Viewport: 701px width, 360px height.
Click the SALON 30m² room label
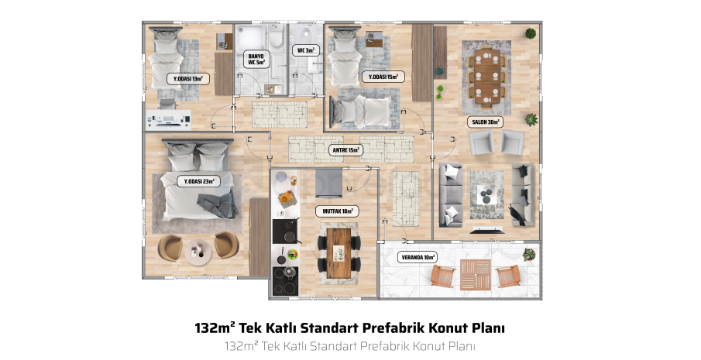point(486,122)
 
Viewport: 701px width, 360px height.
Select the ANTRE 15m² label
point(346,150)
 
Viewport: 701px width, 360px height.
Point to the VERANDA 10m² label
point(417,257)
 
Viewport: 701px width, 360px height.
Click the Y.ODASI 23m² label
point(199,181)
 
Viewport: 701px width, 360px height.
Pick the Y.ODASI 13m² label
point(187,79)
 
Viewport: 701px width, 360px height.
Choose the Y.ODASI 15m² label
point(383,77)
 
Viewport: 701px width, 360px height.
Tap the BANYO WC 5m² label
point(256,60)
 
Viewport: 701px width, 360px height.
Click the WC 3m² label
point(306,50)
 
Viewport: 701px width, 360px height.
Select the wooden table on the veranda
point(476,274)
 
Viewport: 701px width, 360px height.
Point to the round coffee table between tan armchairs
point(198,252)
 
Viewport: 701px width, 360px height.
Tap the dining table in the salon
point(487,76)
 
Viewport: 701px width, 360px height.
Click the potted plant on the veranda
point(529,255)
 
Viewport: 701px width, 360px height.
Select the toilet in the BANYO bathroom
point(276,37)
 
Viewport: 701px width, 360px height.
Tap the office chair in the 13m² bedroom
point(167,104)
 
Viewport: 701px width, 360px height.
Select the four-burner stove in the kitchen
point(285,281)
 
